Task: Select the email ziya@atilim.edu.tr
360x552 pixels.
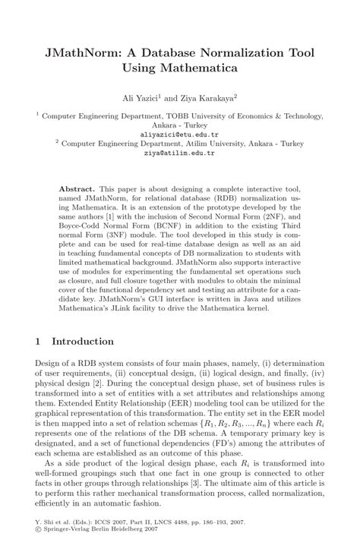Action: point(179,151)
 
